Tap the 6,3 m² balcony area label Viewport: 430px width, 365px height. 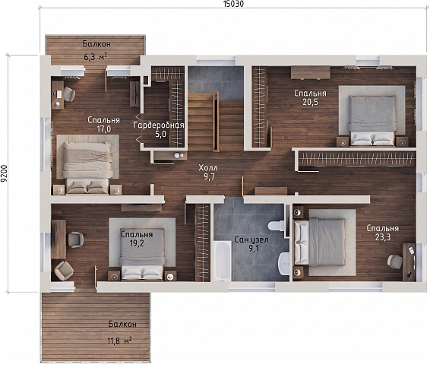point(96,57)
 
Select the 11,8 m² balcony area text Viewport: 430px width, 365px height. point(119,341)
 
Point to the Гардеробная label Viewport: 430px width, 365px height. point(158,125)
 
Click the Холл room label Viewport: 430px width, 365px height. point(208,168)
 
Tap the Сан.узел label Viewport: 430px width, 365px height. point(251,240)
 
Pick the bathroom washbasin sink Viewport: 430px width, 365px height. point(283,264)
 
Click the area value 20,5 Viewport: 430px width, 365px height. point(311,102)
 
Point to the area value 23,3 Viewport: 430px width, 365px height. point(383,237)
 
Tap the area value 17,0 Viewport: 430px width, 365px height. point(103,129)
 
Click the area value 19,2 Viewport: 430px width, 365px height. point(137,243)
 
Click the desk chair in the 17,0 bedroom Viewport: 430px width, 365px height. point(69,94)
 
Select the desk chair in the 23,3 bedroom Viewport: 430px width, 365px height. point(394,262)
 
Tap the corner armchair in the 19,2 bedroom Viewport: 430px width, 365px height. point(64,271)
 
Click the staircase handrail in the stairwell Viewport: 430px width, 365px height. point(216,122)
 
